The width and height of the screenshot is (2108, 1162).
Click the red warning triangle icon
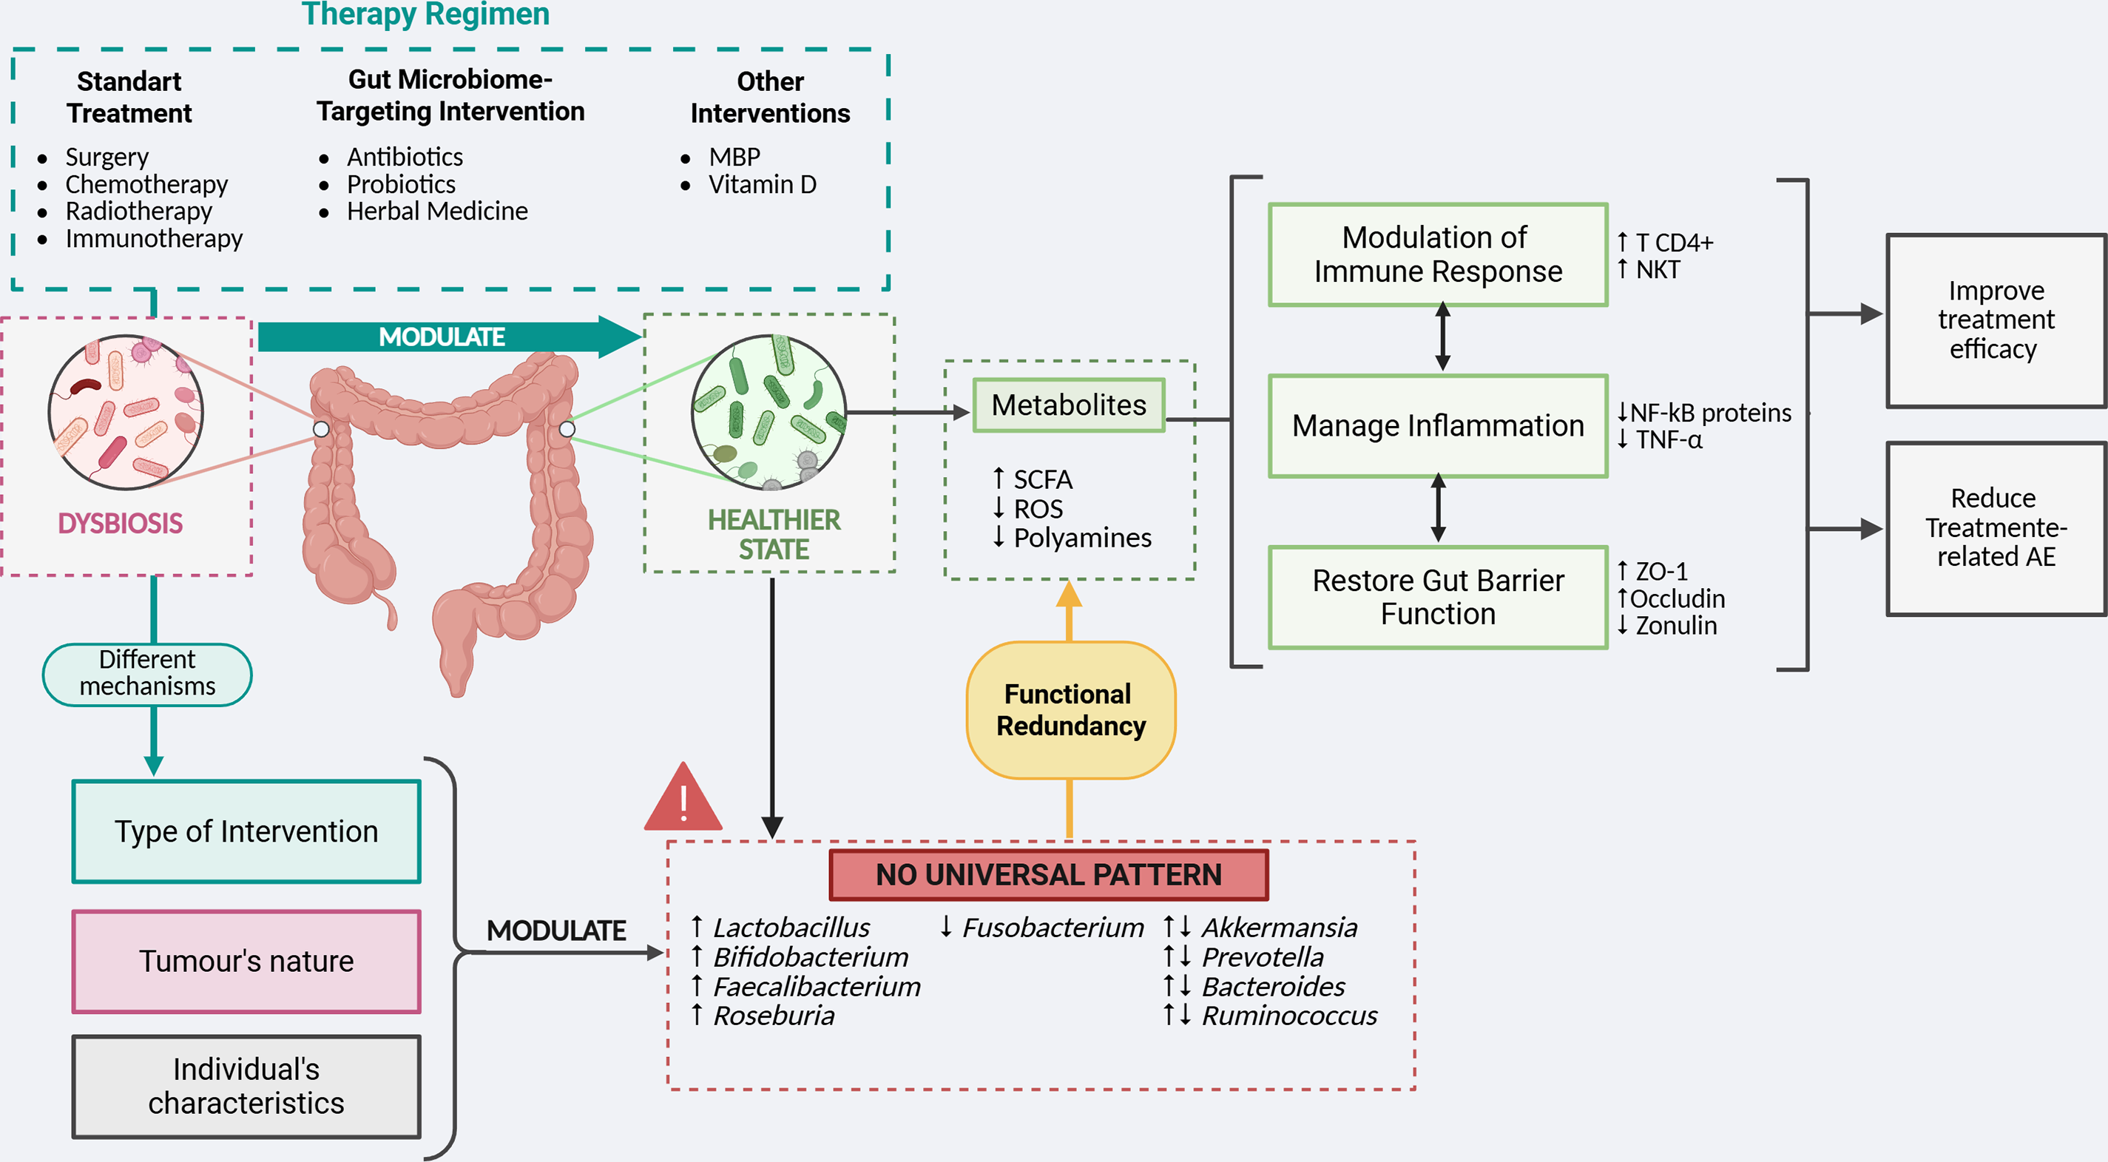pyautogui.click(x=683, y=797)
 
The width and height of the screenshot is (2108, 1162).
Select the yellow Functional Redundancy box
pyautogui.click(x=1070, y=709)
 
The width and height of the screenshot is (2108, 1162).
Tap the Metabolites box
pyautogui.click(x=1069, y=405)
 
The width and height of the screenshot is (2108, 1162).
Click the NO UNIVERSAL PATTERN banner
pyautogui.click(x=1048, y=874)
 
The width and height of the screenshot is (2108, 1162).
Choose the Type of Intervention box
pyautogui.click(x=246, y=831)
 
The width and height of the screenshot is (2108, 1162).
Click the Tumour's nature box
pyautogui.click(x=246, y=962)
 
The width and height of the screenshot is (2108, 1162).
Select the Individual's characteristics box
pyautogui.click(x=246, y=1087)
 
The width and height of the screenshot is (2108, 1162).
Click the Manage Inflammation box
pyautogui.click(x=1438, y=425)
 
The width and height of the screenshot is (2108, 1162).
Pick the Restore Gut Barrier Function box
pyautogui.click(x=1438, y=598)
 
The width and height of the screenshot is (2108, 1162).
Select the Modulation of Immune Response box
pyautogui.click(x=1438, y=254)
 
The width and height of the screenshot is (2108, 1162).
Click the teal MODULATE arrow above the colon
pyautogui.click(x=450, y=337)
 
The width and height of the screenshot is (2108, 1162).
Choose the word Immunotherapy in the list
pyautogui.click(x=154, y=239)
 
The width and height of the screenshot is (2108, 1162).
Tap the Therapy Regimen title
pyautogui.click(x=425, y=14)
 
